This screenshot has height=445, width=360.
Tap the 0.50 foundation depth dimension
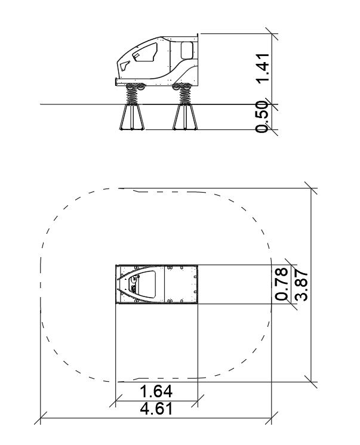tap(262, 117)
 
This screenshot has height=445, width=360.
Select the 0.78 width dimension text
tap(281, 284)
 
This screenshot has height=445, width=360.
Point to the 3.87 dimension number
tap(301, 286)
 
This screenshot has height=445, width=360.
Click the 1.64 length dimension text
tap(156, 391)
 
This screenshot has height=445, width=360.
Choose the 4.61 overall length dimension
tap(156, 409)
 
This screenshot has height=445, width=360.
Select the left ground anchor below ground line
tap(132, 117)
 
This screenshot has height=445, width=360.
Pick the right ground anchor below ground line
tap(185, 117)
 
